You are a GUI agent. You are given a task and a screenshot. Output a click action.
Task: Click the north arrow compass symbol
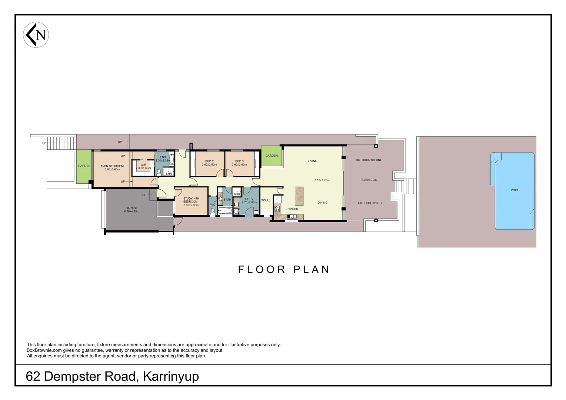point(36,35)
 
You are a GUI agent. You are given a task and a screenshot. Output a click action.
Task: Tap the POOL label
point(515,190)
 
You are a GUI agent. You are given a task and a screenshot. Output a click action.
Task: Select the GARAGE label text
point(131,208)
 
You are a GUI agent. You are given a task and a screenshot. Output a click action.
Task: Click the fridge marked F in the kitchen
point(277,199)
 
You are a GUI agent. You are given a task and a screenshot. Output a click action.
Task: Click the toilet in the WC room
point(213,211)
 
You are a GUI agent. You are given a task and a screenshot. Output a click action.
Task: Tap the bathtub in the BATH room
point(225,211)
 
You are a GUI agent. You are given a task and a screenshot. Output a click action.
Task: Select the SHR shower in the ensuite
point(169,173)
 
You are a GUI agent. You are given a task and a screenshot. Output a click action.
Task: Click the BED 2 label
point(209,161)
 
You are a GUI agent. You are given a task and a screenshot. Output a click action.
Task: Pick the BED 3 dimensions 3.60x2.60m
point(239,165)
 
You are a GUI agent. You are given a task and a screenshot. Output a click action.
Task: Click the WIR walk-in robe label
point(143,165)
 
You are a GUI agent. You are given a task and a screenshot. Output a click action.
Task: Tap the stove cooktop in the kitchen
point(276,209)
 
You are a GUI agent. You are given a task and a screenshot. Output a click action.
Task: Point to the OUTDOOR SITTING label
point(369,160)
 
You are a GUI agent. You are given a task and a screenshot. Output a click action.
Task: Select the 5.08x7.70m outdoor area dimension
point(369,180)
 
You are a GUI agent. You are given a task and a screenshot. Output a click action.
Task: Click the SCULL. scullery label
point(266,200)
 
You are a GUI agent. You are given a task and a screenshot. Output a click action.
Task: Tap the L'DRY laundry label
point(249,199)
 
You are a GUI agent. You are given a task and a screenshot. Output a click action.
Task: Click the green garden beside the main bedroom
point(84,166)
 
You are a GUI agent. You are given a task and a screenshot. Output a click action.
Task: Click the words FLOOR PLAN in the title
point(284,269)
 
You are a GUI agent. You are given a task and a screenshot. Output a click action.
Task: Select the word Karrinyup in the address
point(171,376)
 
